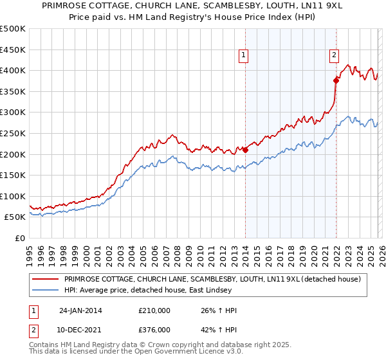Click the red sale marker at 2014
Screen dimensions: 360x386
(245, 150)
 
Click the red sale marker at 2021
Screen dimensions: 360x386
(335, 80)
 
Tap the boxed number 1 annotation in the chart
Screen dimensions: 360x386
(244, 57)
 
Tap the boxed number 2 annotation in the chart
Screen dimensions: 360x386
(335, 57)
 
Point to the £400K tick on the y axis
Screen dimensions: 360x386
(14, 70)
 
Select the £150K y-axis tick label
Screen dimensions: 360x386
(14, 175)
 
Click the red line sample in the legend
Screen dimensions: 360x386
(44, 279)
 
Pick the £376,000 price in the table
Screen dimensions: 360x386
(154, 330)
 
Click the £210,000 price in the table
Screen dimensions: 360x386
(154, 310)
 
